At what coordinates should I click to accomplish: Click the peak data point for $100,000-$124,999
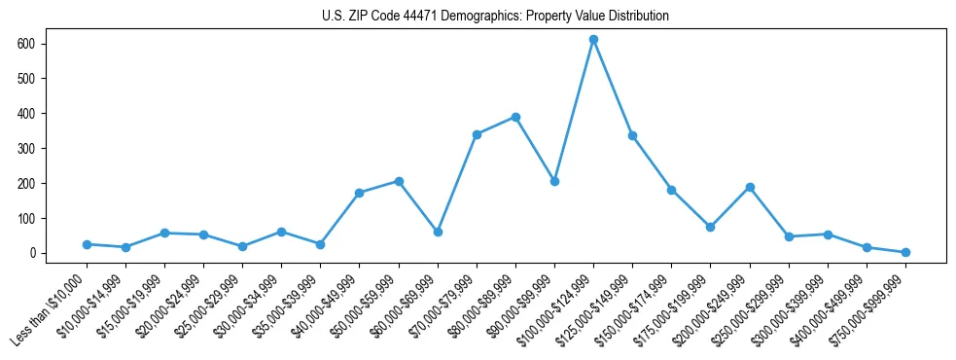pos(593,39)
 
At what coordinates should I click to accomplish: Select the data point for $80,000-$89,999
pos(515,117)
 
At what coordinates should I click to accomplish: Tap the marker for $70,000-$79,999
pos(477,134)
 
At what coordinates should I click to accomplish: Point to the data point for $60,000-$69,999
pos(438,232)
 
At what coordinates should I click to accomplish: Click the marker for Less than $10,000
pos(87,244)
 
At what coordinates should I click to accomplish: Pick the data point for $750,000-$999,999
pos(905,252)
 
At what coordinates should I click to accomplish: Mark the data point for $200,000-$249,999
pos(750,187)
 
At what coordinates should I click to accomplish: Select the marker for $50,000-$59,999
pos(399,181)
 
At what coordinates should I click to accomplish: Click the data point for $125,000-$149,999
pos(632,135)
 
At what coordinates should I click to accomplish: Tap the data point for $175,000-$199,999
pos(711,227)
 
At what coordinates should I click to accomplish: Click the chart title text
pos(495,17)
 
